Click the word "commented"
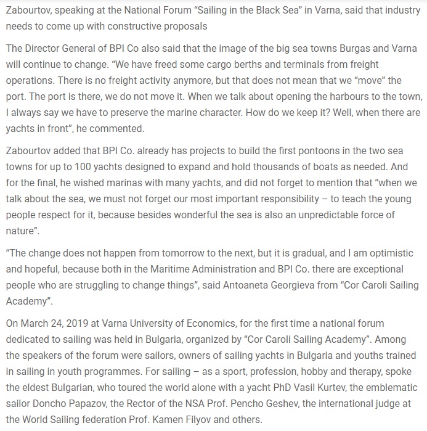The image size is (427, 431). coord(116,129)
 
